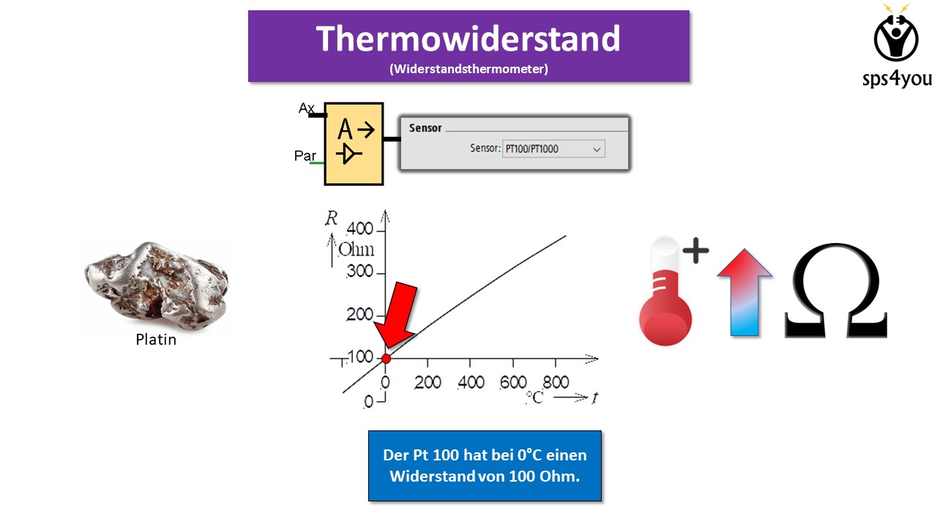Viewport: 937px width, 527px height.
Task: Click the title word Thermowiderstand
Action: coord(468,39)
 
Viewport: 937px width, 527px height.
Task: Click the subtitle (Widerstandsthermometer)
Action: coord(468,69)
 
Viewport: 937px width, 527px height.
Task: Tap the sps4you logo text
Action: coord(897,78)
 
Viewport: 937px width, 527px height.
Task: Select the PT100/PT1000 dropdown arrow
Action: coord(597,149)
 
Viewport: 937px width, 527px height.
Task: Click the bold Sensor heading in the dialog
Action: coord(425,128)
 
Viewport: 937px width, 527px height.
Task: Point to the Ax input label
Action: coord(306,108)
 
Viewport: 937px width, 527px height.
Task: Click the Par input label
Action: coord(305,156)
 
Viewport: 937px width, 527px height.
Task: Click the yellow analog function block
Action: coord(354,143)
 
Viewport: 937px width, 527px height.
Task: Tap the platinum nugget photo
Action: coord(156,285)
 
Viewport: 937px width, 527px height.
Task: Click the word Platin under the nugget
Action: coord(156,340)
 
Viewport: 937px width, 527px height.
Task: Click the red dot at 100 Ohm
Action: coord(386,359)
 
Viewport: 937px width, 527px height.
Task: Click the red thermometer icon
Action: coord(665,291)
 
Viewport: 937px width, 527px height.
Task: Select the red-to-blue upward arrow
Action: coord(744,292)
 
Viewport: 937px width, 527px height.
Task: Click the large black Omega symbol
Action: coord(836,291)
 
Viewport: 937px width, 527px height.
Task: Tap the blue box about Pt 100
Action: coord(485,466)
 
